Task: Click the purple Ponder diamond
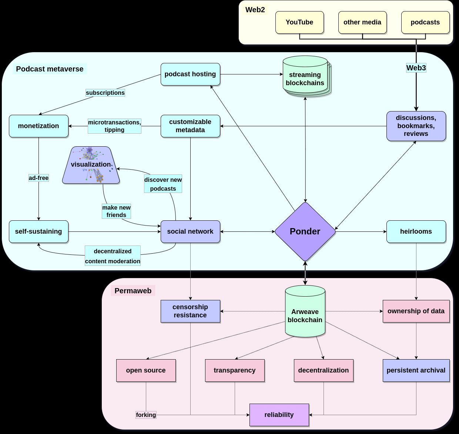(x=305, y=231)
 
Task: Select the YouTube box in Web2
(x=299, y=22)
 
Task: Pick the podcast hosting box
(x=190, y=74)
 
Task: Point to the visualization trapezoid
(x=91, y=165)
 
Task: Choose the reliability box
(x=279, y=415)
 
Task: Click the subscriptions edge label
(x=105, y=93)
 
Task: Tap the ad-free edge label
(x=38, y=178)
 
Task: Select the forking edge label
(x=146, y=415)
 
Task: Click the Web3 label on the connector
(x=416, y=68)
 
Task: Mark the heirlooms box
(x=416, y=231)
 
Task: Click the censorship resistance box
(x=190, y=311)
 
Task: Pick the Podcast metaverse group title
(x=50, y=69)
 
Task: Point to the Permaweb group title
(x=133, y=291)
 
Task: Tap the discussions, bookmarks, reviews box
(x=416, y=126)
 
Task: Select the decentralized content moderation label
(x=113, y=256)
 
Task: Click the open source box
(x=146, y=370)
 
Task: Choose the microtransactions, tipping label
(x=114, y=126)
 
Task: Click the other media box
(x=362, y=22)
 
